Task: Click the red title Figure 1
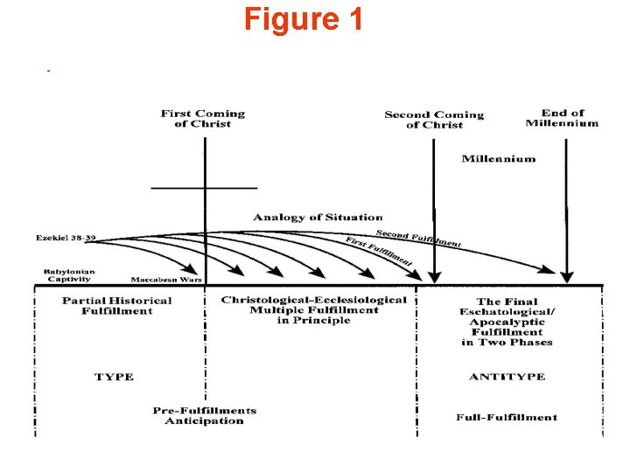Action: (x=303, y=19)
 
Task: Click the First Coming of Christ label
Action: (x=203, y=119)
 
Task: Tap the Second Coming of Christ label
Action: (x=434, y=120)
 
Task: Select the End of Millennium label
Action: (x=562, y=118)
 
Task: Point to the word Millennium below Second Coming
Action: (x=499, y=159)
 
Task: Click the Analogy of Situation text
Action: (x=318, y=217)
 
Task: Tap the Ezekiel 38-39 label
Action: (x=66, y=238)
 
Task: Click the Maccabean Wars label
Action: (x=166, y=280)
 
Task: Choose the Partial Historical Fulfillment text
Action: (x=117, y=305)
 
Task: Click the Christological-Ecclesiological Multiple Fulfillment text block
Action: (x=313, y=309)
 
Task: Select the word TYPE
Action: (x=114, y=377)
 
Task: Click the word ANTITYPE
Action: (x=507, y=377)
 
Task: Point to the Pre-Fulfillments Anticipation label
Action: (x=205, y=415)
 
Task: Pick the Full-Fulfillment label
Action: (x=507, y=417)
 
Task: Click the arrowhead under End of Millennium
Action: (x=567, y=276)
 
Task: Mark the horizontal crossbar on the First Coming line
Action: (x=204, y=188)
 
